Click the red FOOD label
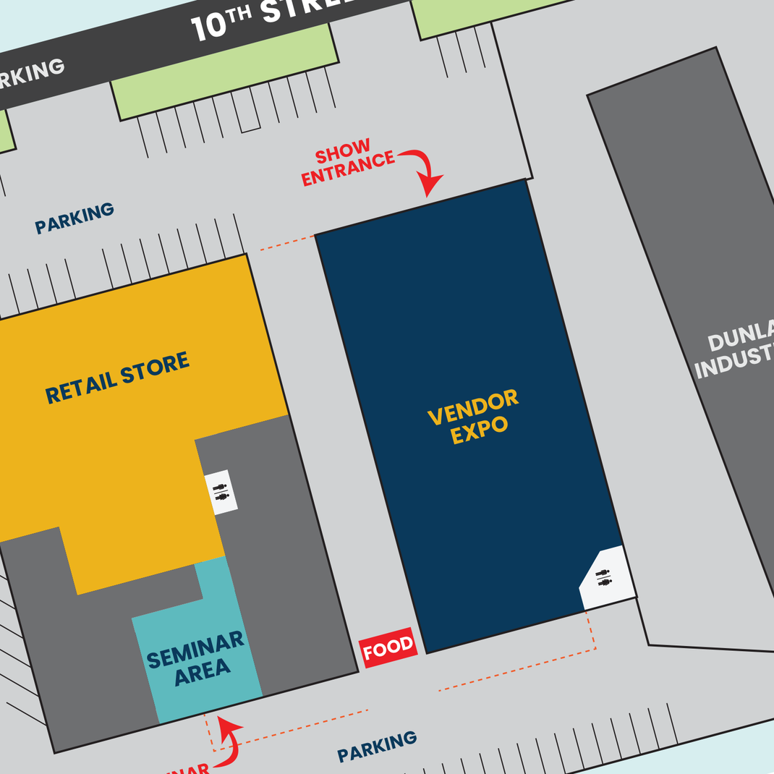tap(388, 647)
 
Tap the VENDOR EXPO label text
tap(475, 417)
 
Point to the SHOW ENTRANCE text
tap(346, 163)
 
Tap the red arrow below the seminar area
tap(230, 741)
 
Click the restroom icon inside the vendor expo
tap(603, 577)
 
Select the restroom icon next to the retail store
tap(221, 492)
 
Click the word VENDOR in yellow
tap(473, 407)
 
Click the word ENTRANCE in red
tap(348, 169)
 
